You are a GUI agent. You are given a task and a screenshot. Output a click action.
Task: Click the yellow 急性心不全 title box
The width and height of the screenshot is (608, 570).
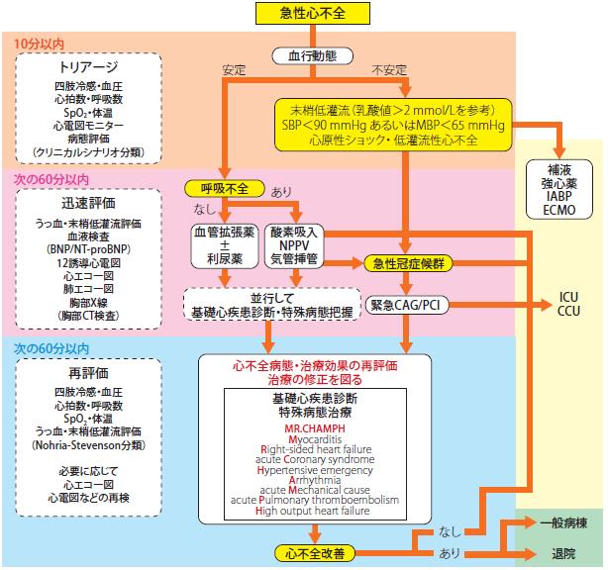(313, 14)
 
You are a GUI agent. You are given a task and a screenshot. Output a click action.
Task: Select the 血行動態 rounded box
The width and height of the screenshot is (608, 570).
(313, 56)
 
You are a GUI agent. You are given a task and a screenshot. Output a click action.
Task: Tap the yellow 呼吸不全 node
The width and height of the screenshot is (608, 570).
(225, 189)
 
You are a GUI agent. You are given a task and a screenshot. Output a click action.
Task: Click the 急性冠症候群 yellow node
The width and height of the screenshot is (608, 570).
(408, 264)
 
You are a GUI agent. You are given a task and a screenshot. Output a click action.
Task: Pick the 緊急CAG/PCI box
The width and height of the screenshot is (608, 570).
(407, 305)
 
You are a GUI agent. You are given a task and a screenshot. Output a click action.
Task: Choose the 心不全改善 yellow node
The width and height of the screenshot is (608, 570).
(315, 553)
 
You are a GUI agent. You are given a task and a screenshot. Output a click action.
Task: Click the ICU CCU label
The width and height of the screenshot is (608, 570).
(568, 304)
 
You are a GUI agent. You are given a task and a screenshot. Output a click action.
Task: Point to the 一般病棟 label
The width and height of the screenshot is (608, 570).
(563, 523)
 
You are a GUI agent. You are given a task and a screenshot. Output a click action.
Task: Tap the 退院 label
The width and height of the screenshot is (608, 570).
(563, 553)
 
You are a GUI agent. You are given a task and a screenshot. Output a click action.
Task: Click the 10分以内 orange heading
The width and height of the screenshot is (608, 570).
(39, 44)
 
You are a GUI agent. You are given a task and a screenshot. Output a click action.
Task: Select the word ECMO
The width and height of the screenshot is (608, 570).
(559, 210)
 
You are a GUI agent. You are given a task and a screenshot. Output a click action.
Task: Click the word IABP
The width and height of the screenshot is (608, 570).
(559, 197)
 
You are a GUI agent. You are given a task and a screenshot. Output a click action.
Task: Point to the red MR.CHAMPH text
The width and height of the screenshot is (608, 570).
(315, 428)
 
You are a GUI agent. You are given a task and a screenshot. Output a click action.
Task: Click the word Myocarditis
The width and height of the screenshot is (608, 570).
(315, 439)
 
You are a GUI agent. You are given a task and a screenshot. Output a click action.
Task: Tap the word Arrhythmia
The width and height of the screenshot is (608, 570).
(315, 480)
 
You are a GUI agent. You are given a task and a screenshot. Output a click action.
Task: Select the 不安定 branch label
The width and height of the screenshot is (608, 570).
(389, 70)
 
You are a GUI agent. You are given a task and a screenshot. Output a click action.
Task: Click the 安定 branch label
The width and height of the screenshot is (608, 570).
(234, 70)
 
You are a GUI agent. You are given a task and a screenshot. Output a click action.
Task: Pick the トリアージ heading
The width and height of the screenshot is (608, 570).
(88, 67)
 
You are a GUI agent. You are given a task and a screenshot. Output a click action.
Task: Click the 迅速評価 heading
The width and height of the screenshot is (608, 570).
(88, 203)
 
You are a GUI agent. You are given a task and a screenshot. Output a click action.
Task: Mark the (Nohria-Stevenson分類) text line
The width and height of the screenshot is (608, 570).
(88, 445)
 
